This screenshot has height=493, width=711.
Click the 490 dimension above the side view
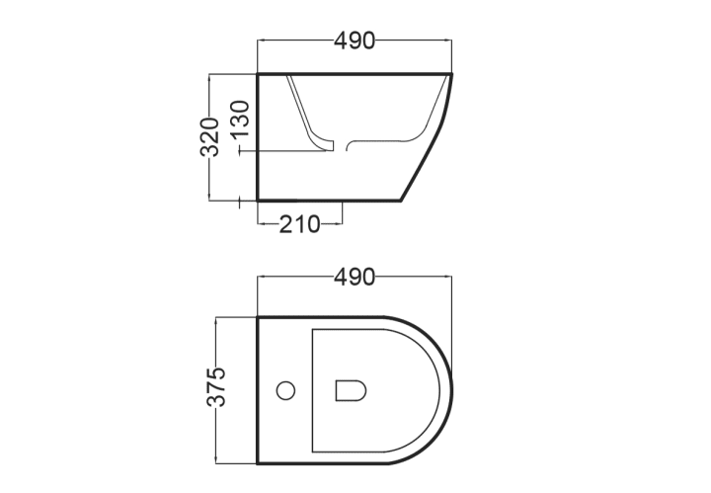(x=355, y=41)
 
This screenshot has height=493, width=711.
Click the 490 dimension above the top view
(x=355, y=277)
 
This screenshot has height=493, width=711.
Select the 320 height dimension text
(x=210, y=136)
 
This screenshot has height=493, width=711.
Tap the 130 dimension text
(x=240, y=119)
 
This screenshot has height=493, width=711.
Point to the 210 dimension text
(x=299, y=224)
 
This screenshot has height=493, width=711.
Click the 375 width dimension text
(x=216, y=386)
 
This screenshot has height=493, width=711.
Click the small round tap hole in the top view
(x=285, y=390)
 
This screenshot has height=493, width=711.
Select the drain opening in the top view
(x=351, y=390)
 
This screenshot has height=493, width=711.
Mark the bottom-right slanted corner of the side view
(x=401, y=200)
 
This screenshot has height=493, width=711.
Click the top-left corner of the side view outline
(x=258, y=73)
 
